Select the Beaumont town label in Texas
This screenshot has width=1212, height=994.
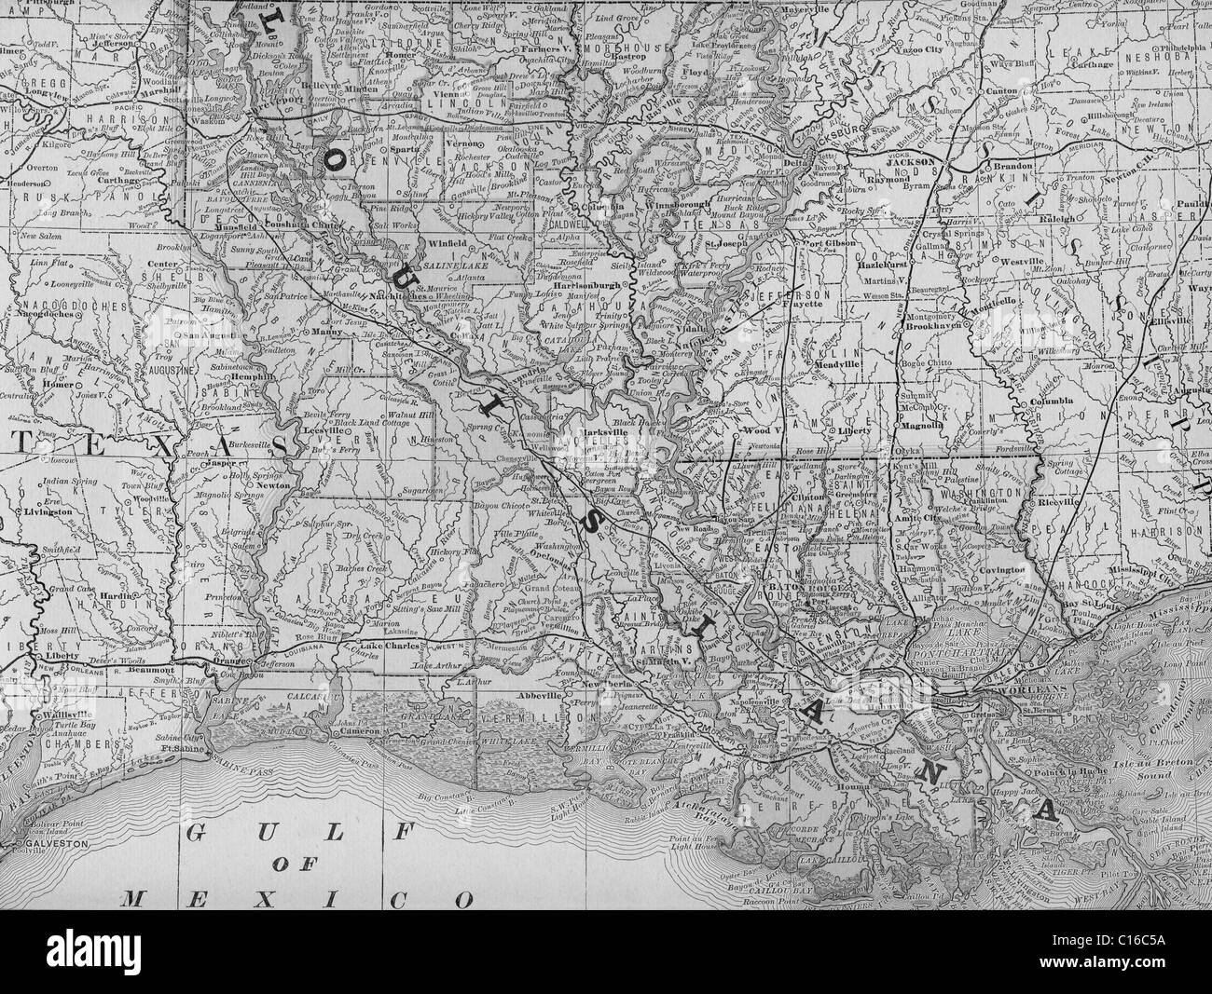[150, 669]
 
